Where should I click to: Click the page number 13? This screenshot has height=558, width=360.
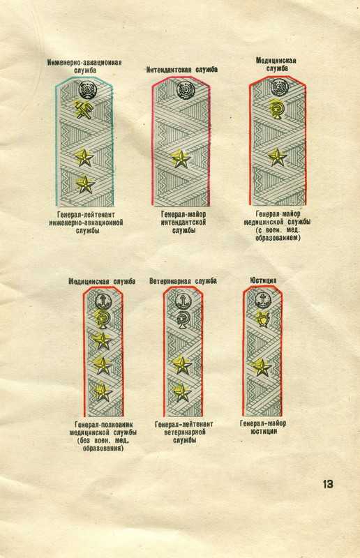click(x=328, y=484)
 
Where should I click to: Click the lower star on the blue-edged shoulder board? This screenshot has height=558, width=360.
click(x=84, y=185)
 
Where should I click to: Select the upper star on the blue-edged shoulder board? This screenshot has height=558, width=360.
click(x=84, y=158)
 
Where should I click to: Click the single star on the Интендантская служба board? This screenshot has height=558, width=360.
click(x=181, y=159)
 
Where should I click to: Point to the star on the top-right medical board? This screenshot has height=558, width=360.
click(x=277, y=157)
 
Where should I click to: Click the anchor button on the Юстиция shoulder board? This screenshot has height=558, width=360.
click(x=262, y=300)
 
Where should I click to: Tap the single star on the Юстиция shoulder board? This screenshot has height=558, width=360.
click(x=262, y=367)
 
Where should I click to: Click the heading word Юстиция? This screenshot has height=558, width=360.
click(x=264, y=281)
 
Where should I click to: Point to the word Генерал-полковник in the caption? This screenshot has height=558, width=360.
click(x=103, y=425)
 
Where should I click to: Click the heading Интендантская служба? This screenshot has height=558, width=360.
click(x=182, y=69)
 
